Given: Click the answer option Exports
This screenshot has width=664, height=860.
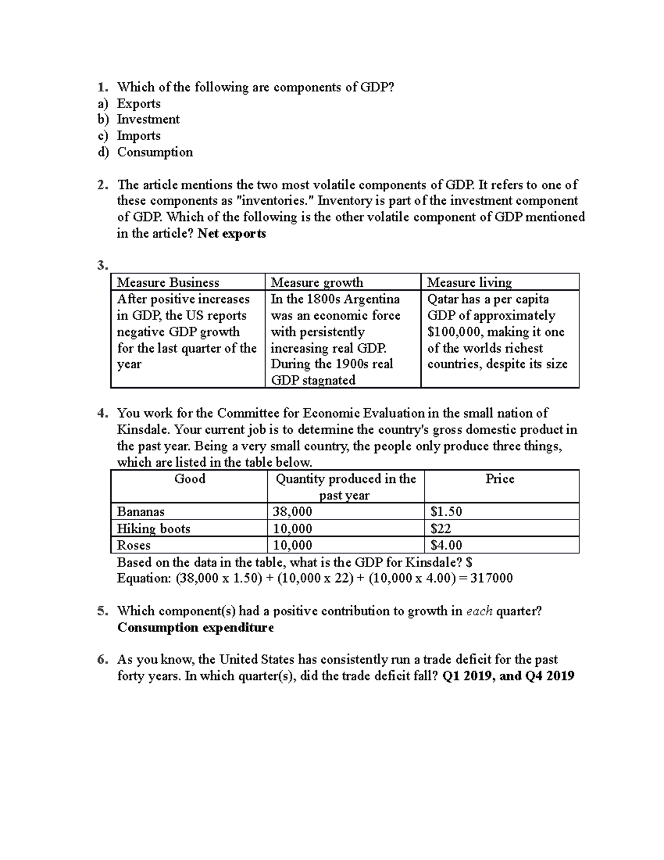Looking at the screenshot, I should click(138, 104).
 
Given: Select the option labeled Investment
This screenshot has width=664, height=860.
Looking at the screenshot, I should click(148, 120).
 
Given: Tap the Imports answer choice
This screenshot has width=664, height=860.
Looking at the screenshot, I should click(138, 136).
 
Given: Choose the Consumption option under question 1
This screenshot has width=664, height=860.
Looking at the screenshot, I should click(155, 152).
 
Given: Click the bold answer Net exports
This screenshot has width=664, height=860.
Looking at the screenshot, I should click(232, 234).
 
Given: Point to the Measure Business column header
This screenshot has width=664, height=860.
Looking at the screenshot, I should click(168, 282).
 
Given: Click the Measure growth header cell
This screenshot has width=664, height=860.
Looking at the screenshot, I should click(317, 282).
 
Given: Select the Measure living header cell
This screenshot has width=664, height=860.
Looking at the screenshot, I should click(469, 282).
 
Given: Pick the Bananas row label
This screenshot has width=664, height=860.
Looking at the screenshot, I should click(141, 512).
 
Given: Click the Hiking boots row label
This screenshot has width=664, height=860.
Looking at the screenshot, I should click(153, 529).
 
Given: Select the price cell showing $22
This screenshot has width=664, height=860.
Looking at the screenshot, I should click(440, 529).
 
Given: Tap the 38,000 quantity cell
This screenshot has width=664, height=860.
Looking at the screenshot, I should click(292, 512).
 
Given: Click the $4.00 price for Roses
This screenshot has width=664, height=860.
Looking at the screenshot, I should click(446, 545).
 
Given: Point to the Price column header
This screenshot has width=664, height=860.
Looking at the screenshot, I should click(500, 479).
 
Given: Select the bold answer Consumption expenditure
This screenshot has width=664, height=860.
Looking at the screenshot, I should click(195, 628).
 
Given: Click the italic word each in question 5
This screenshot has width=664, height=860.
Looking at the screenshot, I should click(480, 611).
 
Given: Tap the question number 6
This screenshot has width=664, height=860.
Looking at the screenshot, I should click(101, 660).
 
